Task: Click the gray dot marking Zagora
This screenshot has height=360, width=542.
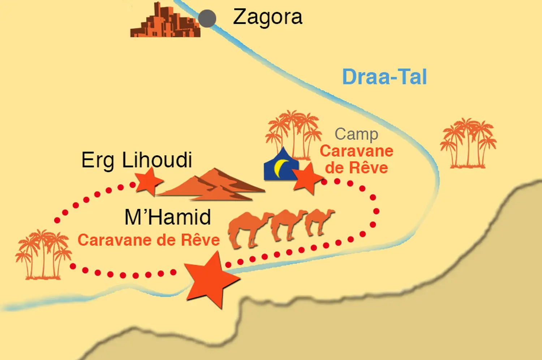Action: point(207,18)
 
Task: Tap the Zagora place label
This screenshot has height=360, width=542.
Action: point(267,17)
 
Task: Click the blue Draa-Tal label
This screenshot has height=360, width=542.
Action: point(384,77)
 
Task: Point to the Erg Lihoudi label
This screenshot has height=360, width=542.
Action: point(137,160)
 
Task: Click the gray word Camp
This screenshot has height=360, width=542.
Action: point(356,134)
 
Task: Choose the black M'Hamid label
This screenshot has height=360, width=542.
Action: point(168,217)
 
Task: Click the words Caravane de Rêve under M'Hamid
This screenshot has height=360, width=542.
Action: point(149,240)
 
